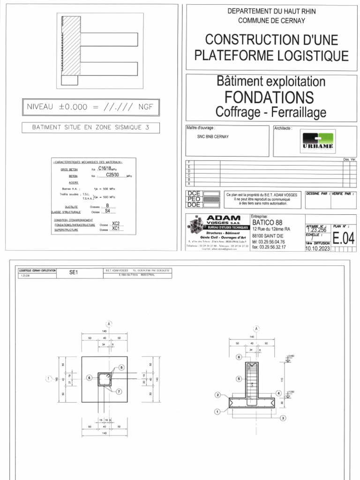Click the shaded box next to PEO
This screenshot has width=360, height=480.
210,199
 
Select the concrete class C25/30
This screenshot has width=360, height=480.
114,175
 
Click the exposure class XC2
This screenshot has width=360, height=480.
116,224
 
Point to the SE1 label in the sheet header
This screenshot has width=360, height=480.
74,272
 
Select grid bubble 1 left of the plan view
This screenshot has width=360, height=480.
48,378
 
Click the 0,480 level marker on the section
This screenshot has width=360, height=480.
291,357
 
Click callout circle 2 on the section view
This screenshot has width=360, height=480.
218,395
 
